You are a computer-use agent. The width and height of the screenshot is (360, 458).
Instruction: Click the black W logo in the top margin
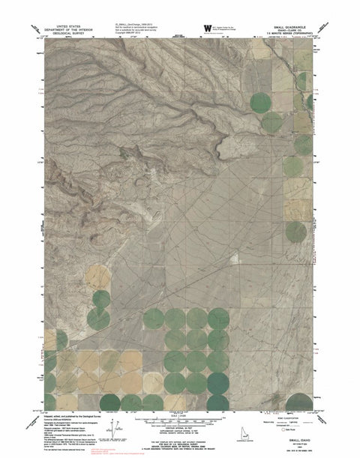click(206, 28)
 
